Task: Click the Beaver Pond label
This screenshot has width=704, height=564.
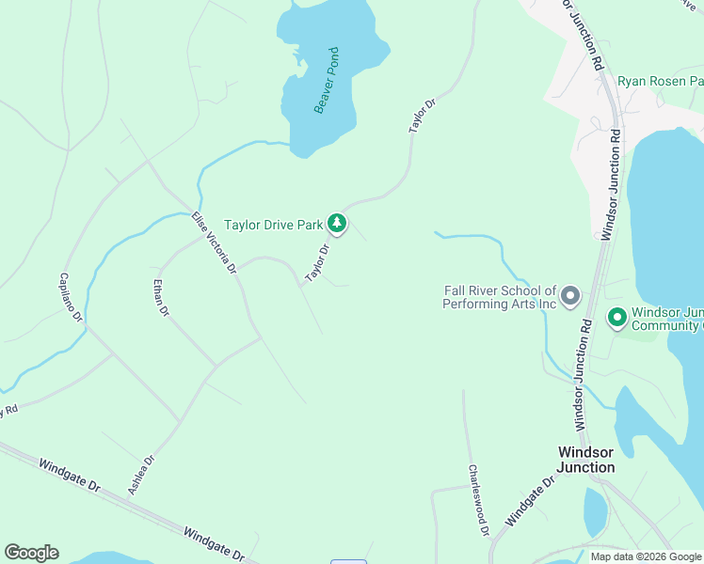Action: pos(327,80)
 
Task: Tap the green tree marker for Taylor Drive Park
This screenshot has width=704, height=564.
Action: pos(337,224)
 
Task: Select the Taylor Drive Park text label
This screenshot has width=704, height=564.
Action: pos(273,225)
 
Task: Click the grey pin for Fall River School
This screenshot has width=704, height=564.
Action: pos(570,297)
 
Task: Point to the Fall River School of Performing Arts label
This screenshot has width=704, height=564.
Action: pos(500,297)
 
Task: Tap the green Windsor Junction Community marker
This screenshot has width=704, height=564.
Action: pos(617,318)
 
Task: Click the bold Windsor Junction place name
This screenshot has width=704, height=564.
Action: pos(585,460)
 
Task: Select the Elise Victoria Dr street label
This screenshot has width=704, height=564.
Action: pos(214,242)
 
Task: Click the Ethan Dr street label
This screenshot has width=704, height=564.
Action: pos(161,296)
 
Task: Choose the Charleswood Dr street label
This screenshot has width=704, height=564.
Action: pos(478,499)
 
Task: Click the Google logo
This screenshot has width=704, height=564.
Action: pos(31,553)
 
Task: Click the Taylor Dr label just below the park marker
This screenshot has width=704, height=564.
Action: pos(316,263)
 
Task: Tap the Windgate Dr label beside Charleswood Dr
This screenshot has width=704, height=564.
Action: pos(529,505)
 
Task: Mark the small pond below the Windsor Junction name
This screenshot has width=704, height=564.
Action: pos(595,513)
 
